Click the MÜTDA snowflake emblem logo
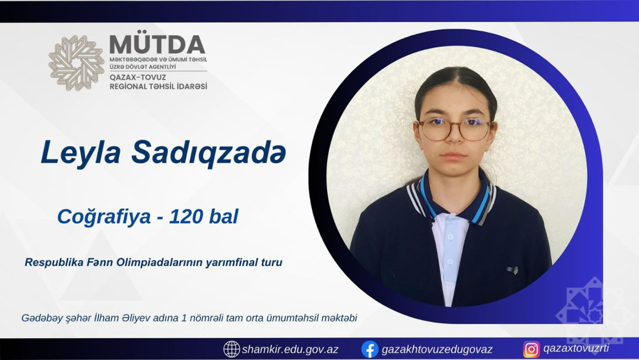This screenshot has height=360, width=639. (76, 63)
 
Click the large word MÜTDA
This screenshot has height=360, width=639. (157, 45)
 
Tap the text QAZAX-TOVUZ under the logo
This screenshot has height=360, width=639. (138, 77)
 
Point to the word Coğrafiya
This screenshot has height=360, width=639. (104, 217)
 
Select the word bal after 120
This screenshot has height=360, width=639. (223, 216)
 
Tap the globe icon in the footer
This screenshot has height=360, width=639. (231, 349)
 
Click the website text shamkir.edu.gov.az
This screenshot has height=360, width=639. (290, 349)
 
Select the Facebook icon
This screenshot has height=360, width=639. (369, 349)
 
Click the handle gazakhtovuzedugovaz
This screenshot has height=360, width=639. (437, 349)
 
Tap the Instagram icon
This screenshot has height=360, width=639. (532, 349)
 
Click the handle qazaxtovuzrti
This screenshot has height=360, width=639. (576, 349)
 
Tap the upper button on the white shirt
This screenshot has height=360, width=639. (450, 237)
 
